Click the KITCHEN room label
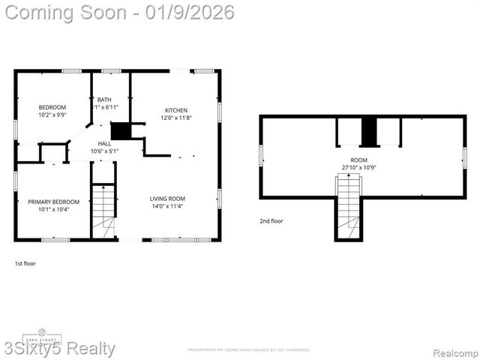pos(176,110)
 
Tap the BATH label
pos(104,100)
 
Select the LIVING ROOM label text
pos(167,198)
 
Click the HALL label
pos(104,143)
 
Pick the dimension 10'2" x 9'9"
pos(52,115)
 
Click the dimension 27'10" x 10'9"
pos(359,167)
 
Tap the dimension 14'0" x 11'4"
pos(167,206)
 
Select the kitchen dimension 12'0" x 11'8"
pos(176,118)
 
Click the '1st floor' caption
pos(25,263)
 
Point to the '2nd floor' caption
pos(271,221)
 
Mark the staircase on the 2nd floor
pos(348,206)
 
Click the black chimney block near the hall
pos(120,130)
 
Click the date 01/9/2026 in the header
pos(191,12)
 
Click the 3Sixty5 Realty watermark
pos(58,349)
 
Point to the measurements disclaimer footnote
pos(248,349)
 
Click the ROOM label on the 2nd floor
pos(359,160)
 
